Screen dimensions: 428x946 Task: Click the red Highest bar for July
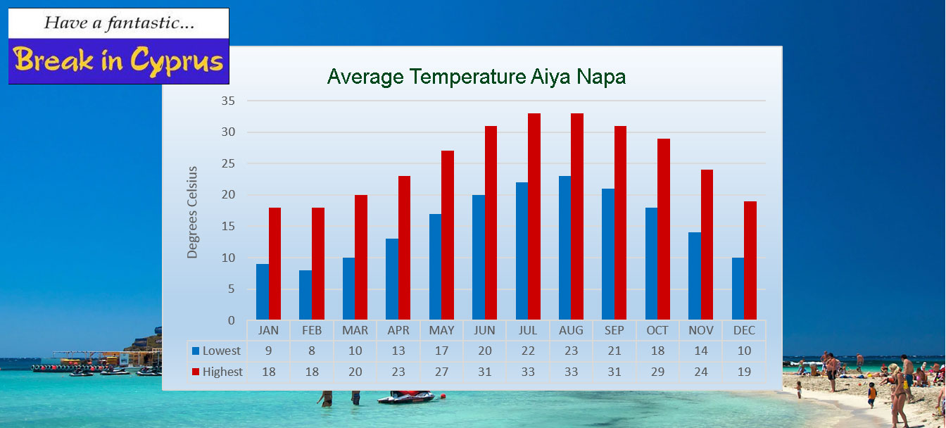pos(534,216)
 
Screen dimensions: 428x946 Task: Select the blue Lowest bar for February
pos(305,295)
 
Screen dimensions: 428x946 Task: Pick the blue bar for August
pos(565,248)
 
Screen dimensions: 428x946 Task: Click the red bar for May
pos(448,235)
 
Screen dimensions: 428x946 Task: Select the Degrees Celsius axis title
pos(192,212)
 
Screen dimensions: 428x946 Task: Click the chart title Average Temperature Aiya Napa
pos(477,77)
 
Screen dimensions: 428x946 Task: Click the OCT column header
pos(657,330)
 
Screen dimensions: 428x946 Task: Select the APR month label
pos(398,330)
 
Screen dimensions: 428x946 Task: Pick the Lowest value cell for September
pos(614,351)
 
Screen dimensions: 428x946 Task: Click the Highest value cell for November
pos(700,372)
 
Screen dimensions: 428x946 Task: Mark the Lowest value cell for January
pos(268,351)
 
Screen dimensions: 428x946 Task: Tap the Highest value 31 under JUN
pos(484,372)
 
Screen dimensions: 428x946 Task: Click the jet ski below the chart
pos(406,397)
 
